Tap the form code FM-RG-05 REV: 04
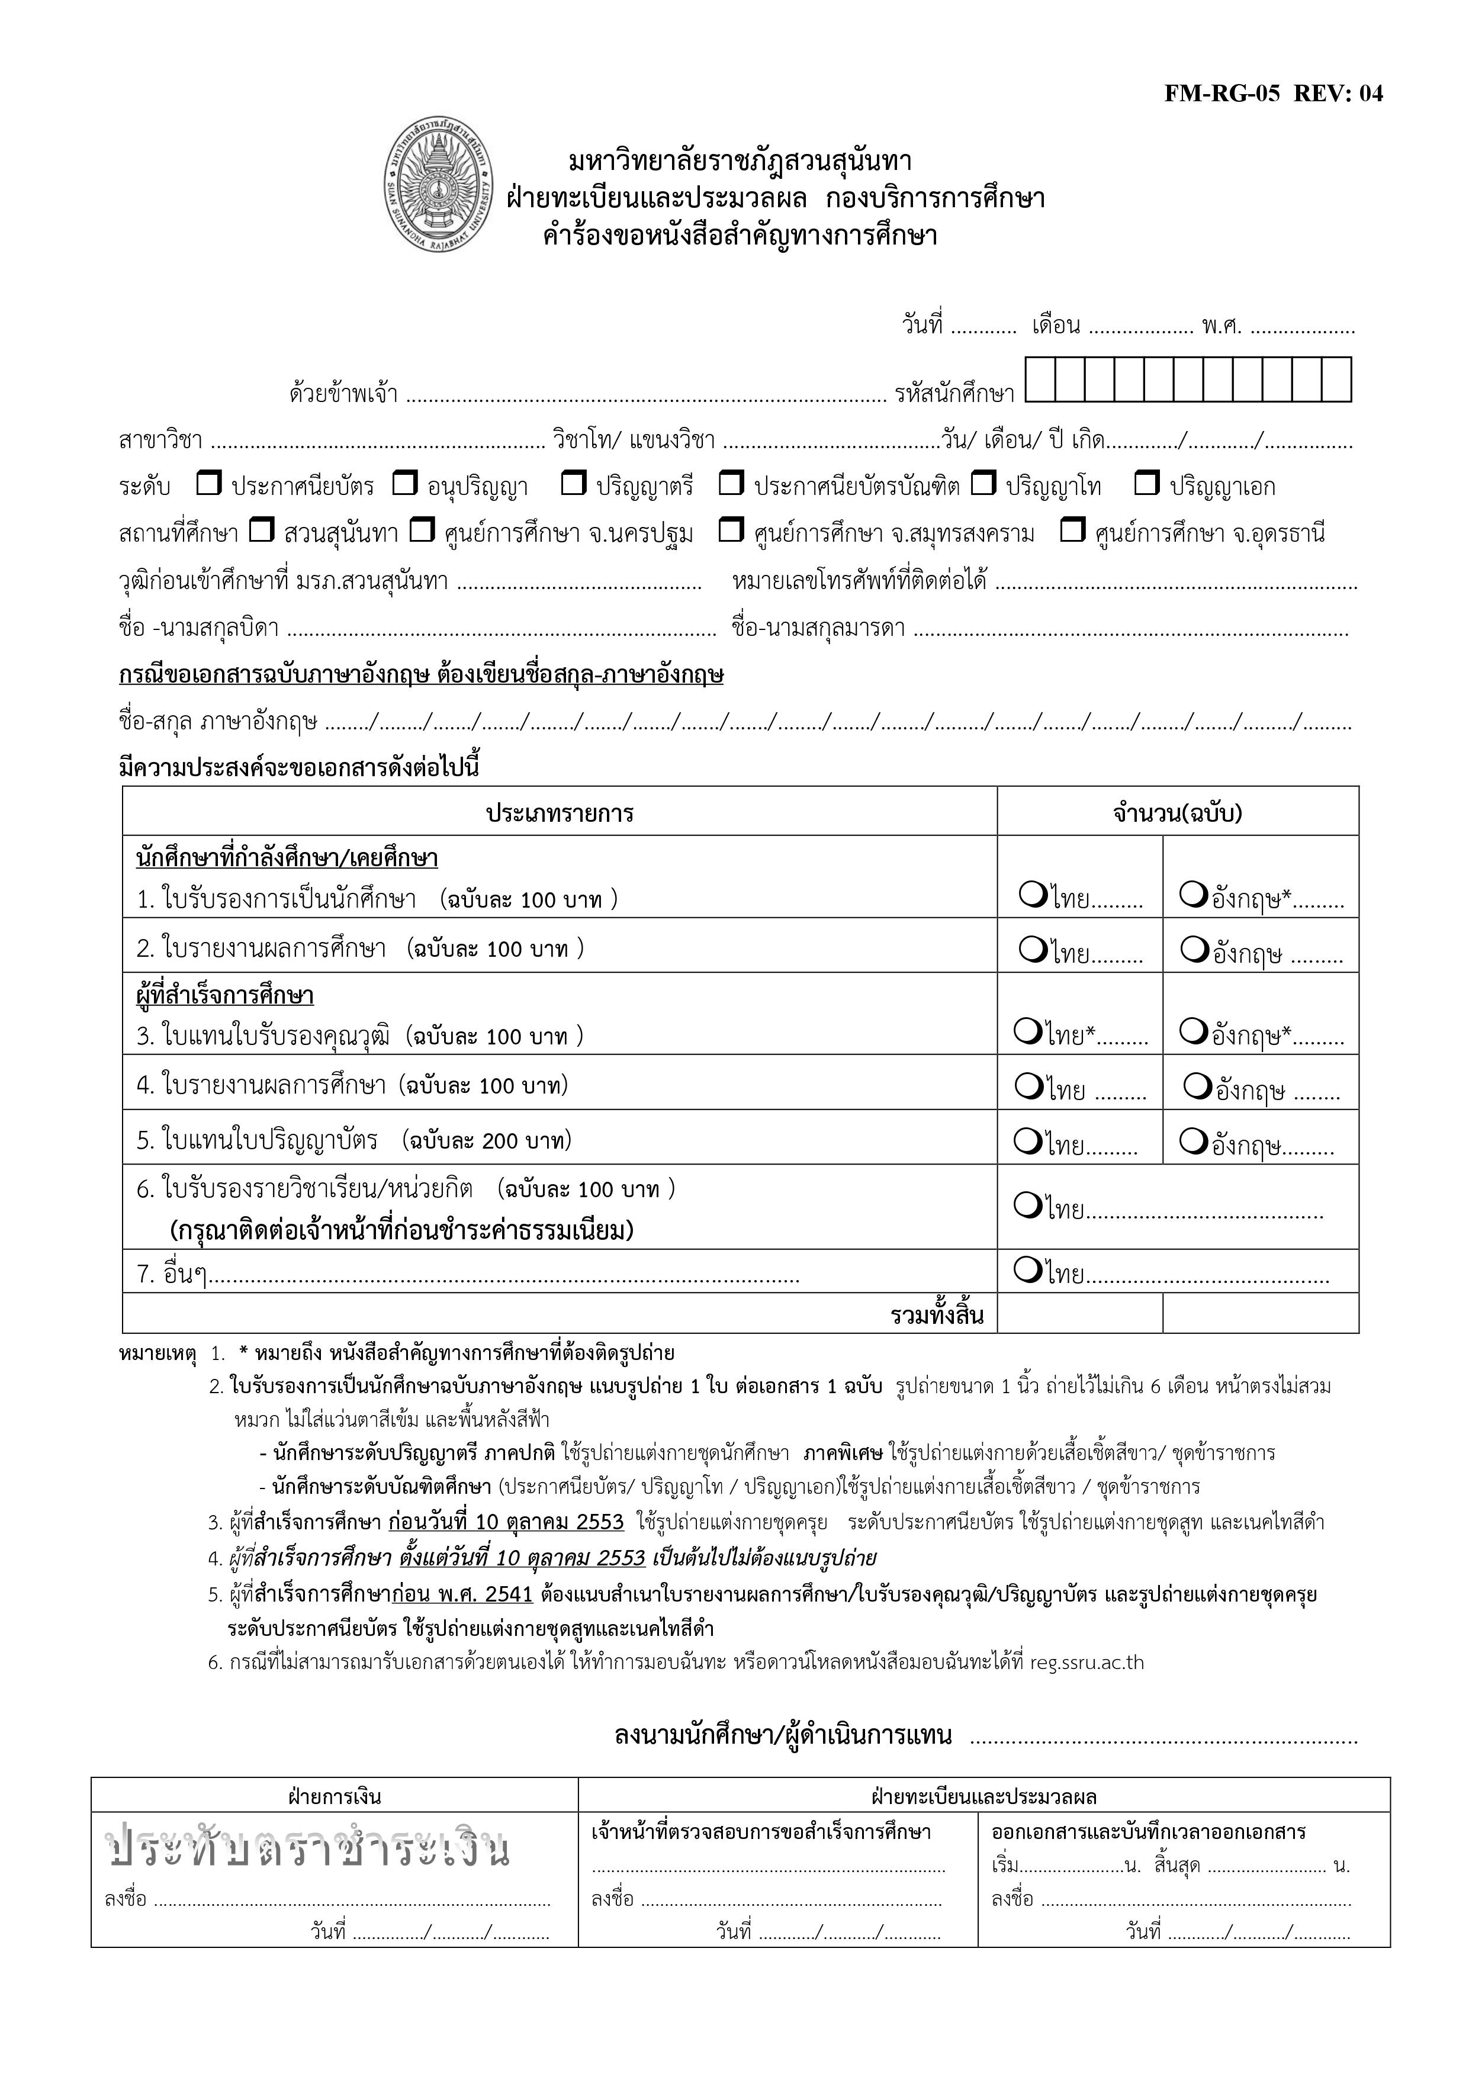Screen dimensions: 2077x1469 click(1272, 94)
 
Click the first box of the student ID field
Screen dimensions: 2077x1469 click(1040, 380)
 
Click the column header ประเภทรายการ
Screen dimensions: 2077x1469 click(560, 814)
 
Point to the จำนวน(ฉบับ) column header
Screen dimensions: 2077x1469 click(1178, 814)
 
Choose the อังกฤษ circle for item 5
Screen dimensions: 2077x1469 click(1193, 1143)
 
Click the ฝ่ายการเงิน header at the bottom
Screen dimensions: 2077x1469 click(334, 1796)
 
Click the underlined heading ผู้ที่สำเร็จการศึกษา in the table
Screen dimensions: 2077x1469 click(224, 996)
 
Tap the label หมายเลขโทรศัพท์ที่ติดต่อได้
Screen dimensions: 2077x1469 click(859, 580)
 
